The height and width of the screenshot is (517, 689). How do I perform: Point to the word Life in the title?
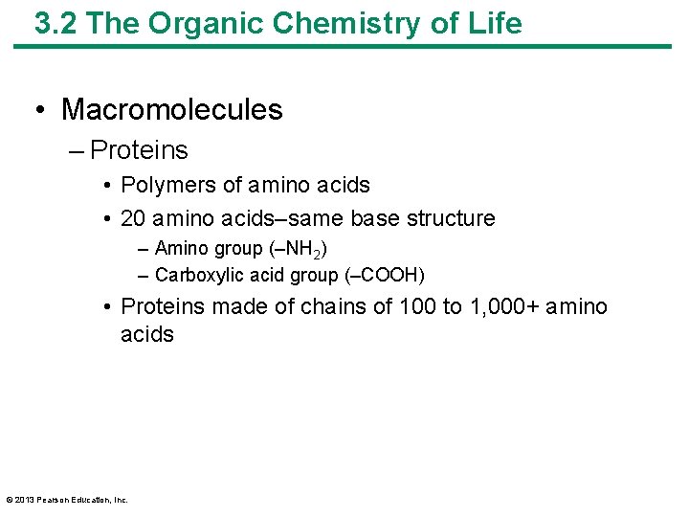(495, 23)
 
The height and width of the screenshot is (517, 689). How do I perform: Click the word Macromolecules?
(172, 109)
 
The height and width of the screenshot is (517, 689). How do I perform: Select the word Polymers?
(163, 185)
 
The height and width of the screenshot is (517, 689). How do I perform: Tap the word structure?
(451, 218)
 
